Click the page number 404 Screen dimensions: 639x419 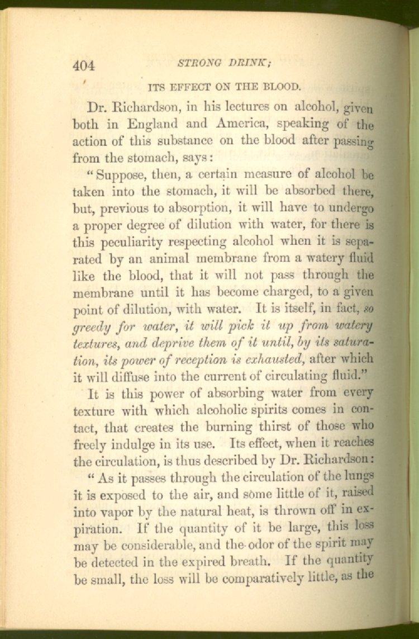coord(84,65)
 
